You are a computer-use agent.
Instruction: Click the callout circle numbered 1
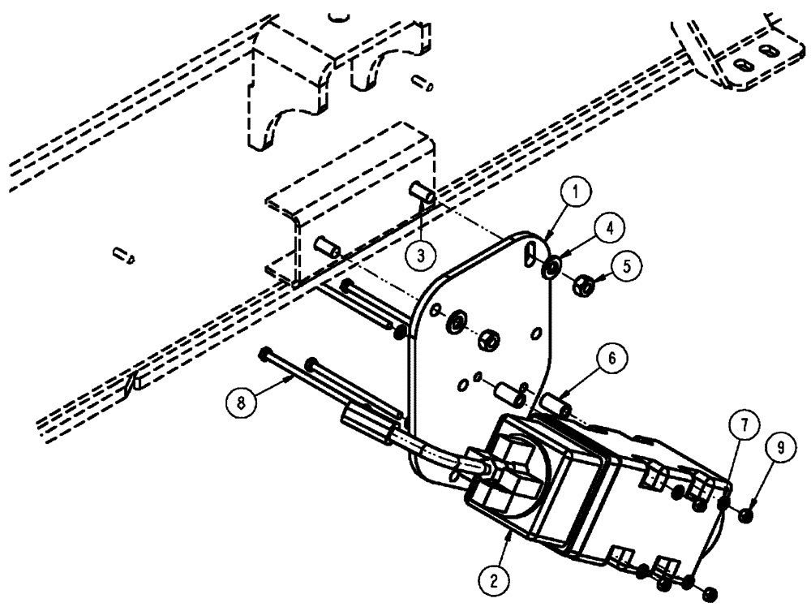click(574, 193)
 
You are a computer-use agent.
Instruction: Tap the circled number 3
click(419, 254)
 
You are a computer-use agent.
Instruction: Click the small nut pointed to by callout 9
click(747, 513)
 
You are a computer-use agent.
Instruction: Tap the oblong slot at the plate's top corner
click(530, 249)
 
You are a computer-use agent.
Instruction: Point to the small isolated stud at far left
click(124, 256)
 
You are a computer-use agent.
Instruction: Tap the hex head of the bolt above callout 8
click(265, 355)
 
